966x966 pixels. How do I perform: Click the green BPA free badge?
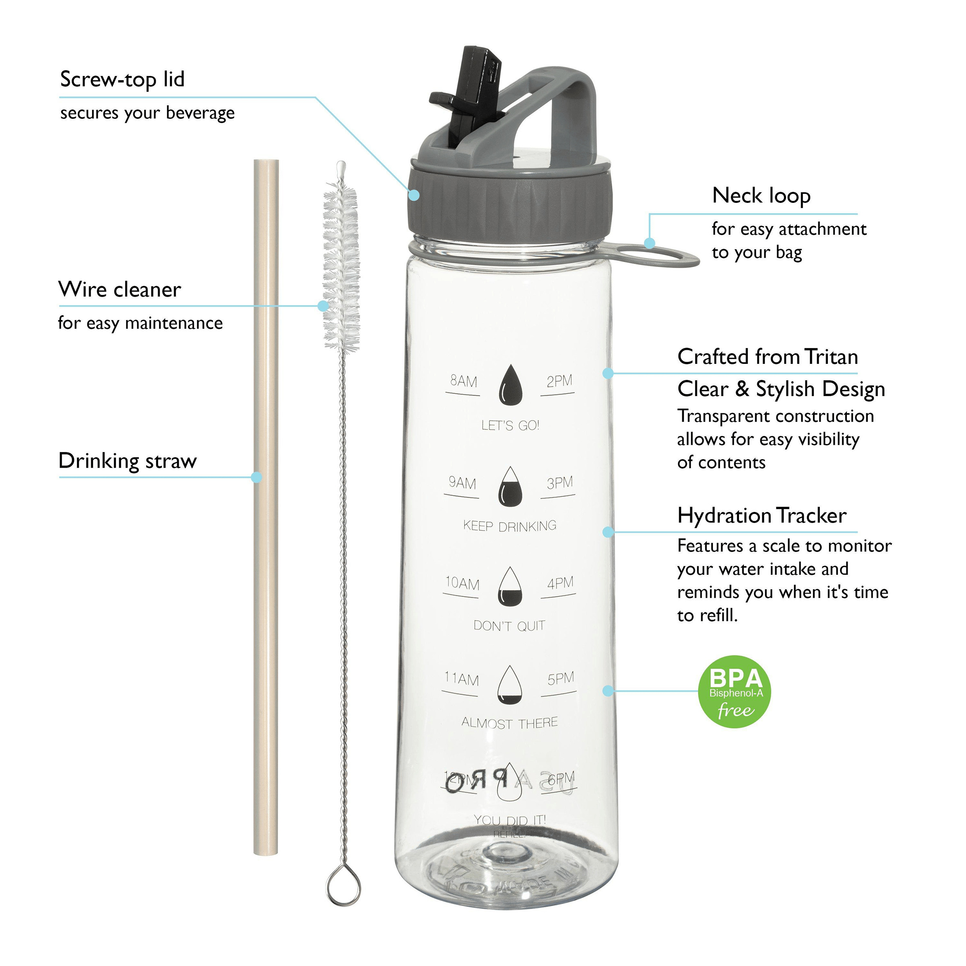pyautogui.click(x=734, y=691)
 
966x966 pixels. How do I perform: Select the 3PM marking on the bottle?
pyautogui.click(x=559, y=483)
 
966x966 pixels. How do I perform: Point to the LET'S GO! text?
pyautogui.click(x=510, y=425)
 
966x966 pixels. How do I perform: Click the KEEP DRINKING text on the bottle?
pyautogui.click(x=510, y=526)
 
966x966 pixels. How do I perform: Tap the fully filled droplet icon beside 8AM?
pyautogui.click(x=510, y=386)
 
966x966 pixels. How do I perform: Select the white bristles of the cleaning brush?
pyautogui.click(x=341, y=265)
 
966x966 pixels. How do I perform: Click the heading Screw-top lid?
pyautogui.click(x=122, y=79)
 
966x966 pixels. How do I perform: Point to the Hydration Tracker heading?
pyautogui.click(x=762, y=516)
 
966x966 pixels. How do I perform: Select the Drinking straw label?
pyautogui.click(x=128, y=460)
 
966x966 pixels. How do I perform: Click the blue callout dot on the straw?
pyautogui.click(x=256, y=477)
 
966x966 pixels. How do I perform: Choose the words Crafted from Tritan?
pyautogui.click(x=767, y=357)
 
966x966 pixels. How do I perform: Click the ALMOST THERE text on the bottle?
pyautogui.click(x=509, y=722)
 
